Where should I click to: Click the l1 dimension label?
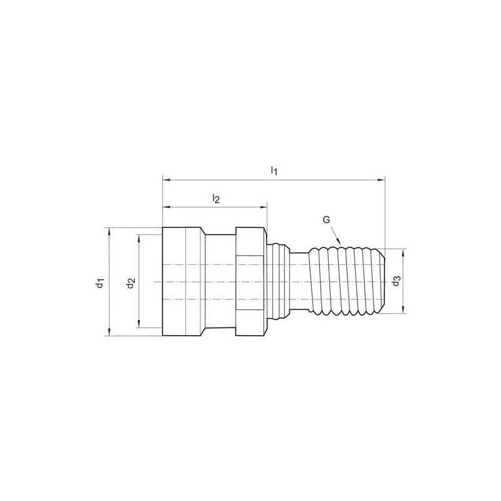pos(274,170)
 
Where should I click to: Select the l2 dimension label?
pos(216,199)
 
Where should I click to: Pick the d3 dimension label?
pos(396,281)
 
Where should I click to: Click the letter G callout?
pos(326,220)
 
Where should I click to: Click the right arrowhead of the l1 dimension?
pos(381,180)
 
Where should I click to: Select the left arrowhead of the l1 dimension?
pos(167,180)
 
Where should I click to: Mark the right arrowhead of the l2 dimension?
pos(263,207)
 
